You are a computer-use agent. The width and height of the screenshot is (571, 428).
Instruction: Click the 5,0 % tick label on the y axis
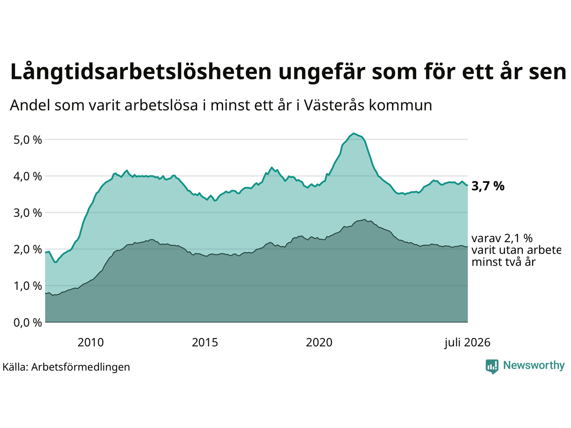pyautogui.click(x=28, y=140)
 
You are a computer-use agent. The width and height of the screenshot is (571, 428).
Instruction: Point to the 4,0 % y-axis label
pyautogui.click(x=28, y=177)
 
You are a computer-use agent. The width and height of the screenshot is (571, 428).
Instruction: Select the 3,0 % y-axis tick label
pyautogui.click(x=28, y=213)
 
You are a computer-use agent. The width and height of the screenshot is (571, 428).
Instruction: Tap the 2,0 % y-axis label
pyautogui.click(x=28, y=250)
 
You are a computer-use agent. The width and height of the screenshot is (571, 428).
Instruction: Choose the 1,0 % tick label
pyautogui.click(x=28, y=286)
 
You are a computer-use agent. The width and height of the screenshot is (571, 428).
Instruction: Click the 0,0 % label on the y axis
pyautogui.click(x=28, y=323)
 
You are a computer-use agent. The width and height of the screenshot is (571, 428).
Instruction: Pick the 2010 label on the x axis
pyautogui.click(x=91, y=343)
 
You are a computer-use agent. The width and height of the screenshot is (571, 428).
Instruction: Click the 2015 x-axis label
pyautogui.click(x=205, y=343)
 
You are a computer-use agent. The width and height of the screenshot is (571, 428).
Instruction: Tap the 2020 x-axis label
pyautogui.click(x=319, y=343)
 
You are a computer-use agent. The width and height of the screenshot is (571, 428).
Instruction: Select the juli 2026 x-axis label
pyautogui.click(x=468, y=343)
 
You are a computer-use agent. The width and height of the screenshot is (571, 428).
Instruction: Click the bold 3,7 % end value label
pyautogui.click(x=488, y=186)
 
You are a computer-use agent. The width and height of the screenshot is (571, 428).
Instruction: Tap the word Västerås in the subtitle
pyautogui.click(x=334, y=105)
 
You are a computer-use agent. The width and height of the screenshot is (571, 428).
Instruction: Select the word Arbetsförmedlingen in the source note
pyautogui.click(x=81, y=367)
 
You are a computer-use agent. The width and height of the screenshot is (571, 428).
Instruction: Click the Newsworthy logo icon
pyautogui.click(x=492, y=366)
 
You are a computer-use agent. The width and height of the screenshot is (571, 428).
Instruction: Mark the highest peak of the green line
pyautogui.click(x=353, y=133)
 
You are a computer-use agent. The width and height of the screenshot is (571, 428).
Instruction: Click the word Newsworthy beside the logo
pyautogui.click(x=534, y=366)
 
